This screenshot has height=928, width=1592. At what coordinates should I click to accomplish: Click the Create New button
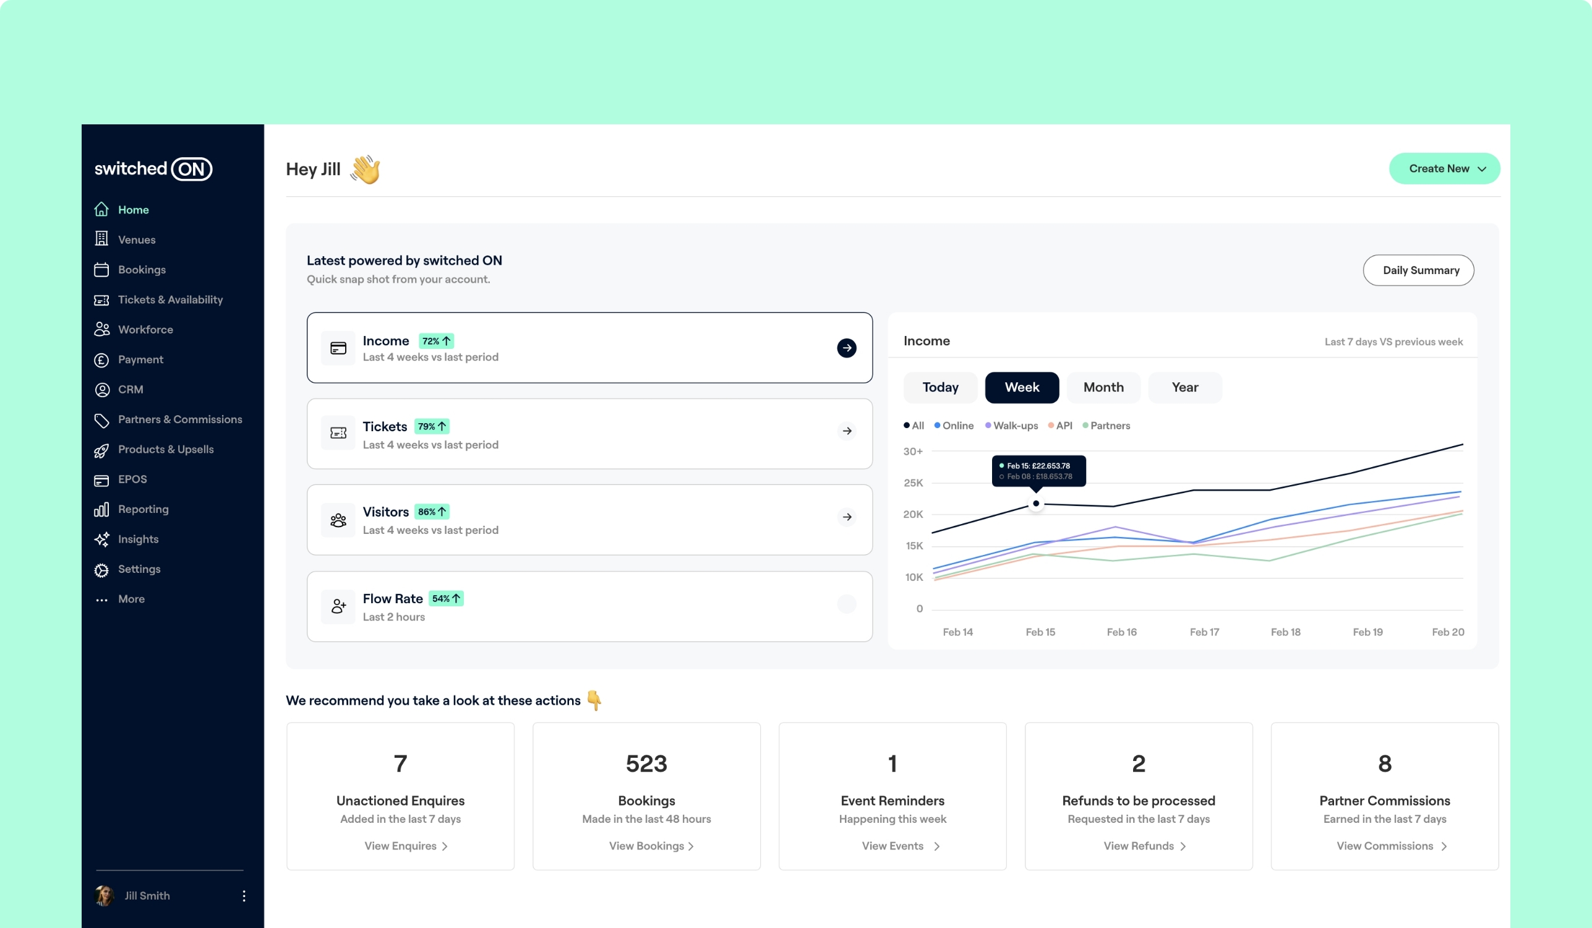click(1444, 169)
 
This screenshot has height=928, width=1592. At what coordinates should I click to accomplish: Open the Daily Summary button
click(1418, 270)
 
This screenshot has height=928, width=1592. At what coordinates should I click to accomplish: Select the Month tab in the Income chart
click(1103, 387)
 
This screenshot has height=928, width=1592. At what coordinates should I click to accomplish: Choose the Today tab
click(940, 387)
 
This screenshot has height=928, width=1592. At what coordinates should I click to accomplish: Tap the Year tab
click(1184, 387)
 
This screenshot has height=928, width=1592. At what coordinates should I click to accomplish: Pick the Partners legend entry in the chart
click(1106, 426)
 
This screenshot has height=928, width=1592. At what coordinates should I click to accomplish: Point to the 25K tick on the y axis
click(913, 483)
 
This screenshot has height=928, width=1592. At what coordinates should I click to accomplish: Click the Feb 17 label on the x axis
click(1204, 632)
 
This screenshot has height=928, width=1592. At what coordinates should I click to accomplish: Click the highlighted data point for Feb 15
click(1036, 504)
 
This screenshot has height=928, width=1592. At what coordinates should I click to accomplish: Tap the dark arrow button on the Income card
click(847, 348)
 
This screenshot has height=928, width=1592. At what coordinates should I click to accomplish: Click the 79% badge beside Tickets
click(432, 426)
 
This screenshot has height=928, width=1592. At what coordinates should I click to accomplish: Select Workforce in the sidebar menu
click(145, 329)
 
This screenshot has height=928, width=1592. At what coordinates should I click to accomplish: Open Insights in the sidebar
click(138, 539)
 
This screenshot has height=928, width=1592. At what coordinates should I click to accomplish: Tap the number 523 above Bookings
click(646, 764)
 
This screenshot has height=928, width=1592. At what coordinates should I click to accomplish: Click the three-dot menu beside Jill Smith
click(244, 896)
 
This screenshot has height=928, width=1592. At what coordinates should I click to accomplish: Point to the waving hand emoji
click(366, 170)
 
